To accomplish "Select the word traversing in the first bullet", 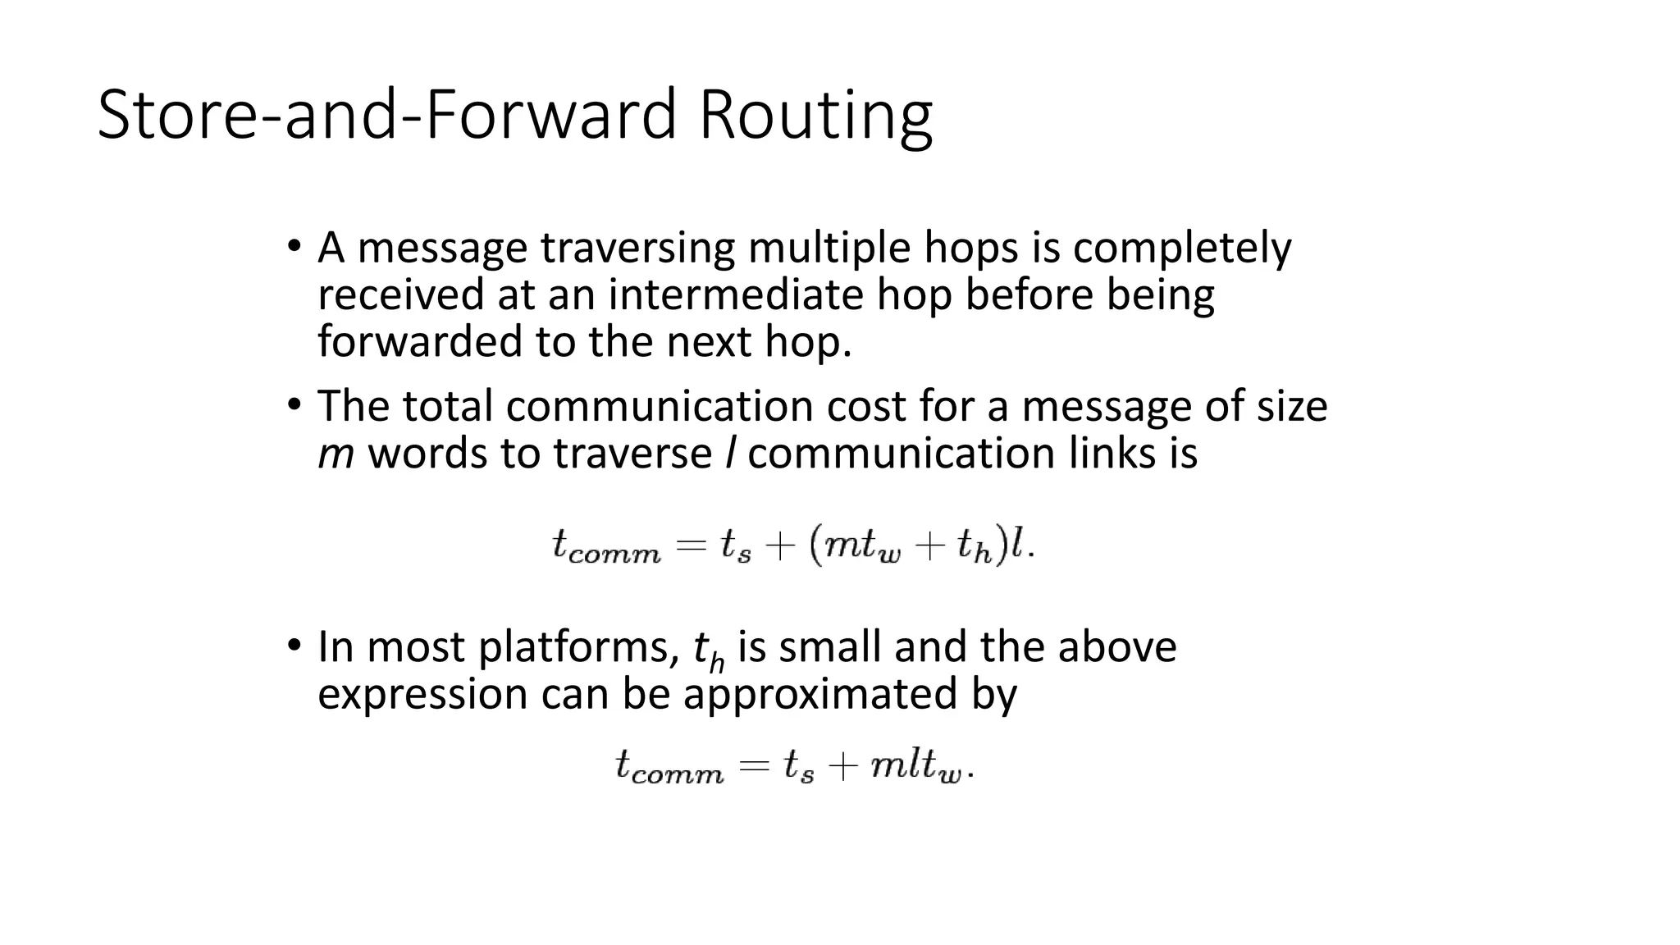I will (637, 248).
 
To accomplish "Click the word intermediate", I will (735, 294).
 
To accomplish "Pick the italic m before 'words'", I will (336, 454).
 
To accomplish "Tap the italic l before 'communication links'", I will (729, 453).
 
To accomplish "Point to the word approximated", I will (820, 694).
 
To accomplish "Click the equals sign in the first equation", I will (691, 546).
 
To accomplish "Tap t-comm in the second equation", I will (669, 768).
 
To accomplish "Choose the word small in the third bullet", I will (829, 647).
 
